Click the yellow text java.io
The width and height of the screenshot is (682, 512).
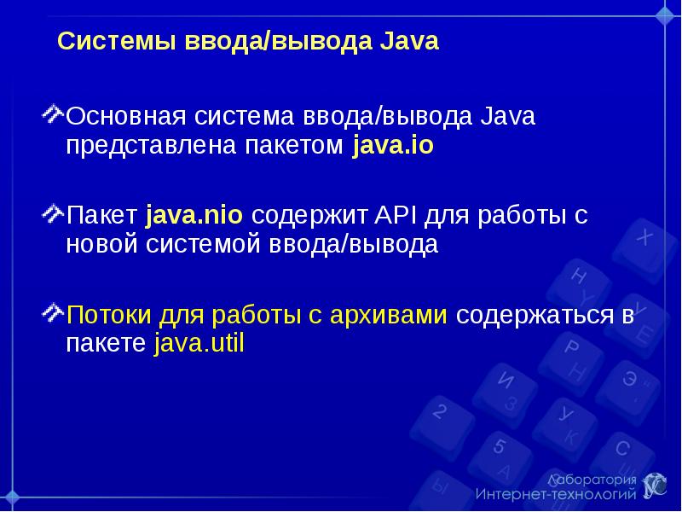(392, 146)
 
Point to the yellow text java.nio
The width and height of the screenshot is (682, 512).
(194, 216)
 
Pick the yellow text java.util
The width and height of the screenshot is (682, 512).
(199, 345)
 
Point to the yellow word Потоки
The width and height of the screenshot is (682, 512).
(108, 315)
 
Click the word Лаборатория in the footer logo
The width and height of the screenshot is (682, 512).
(592, 479)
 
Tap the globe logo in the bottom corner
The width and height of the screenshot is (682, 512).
(655, 485)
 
